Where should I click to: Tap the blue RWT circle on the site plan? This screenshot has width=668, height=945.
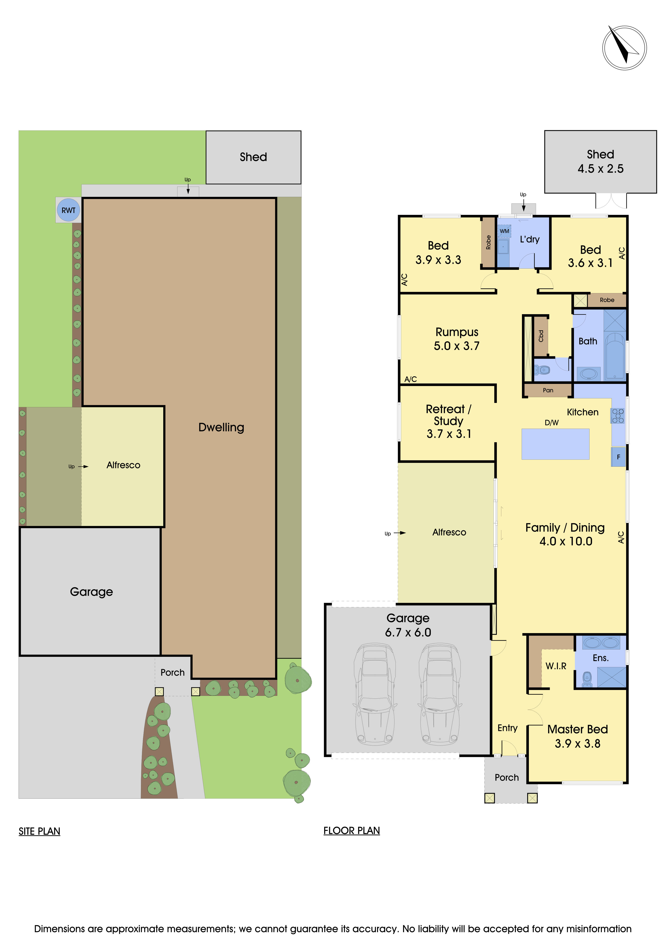pos(68,210)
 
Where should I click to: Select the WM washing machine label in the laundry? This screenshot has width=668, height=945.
pos(504,231)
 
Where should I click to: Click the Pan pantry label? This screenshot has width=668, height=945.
pos(548,390)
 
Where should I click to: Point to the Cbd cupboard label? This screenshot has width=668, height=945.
pos(541,336)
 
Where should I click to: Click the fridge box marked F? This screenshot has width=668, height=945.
pos(618,457)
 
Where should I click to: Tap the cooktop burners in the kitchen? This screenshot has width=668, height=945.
pos(618,416)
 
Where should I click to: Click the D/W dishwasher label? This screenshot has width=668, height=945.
pos(552,423)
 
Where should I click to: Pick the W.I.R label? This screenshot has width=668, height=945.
pos(556,666)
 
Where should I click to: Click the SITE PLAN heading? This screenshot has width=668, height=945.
pos(39,831)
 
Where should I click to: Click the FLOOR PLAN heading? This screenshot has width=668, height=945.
pos(352,831)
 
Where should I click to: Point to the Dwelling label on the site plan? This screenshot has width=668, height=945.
pos(221,427)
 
